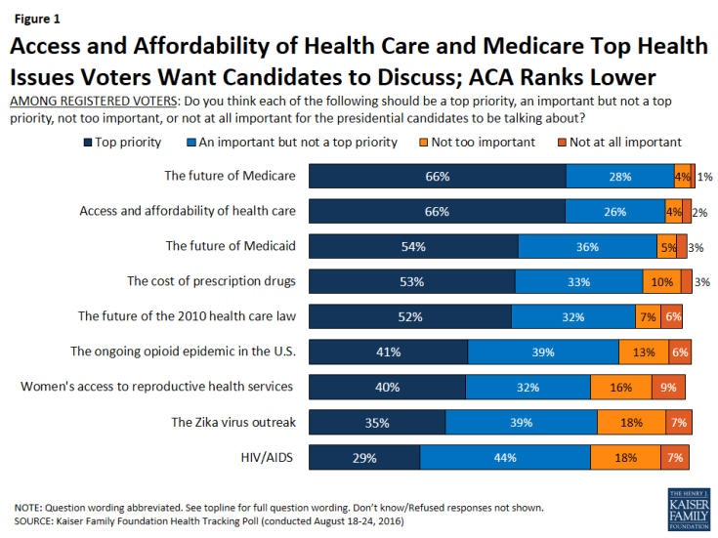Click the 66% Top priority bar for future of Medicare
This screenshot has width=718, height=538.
[x=438, y=177]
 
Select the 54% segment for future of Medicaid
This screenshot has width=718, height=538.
[x=413, y=246]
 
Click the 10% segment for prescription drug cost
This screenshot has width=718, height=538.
[x=662, y=281]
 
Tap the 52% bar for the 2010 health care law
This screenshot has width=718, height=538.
[x=410, y=316]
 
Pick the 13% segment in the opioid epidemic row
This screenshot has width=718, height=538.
[x=644, y=352]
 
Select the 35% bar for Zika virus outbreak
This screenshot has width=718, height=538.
[x=377, y=422]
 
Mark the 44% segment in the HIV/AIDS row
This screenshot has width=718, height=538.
[x=505, y=457]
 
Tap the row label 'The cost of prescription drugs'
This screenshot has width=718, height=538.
[x=211, y=281]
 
